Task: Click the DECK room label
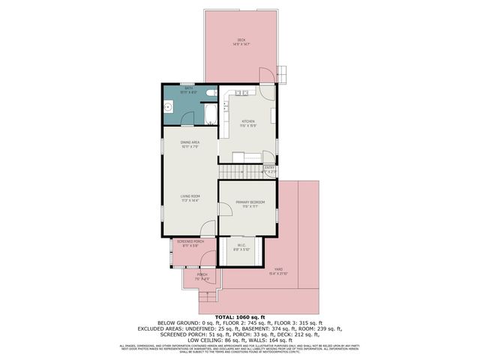241,41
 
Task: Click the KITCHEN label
247,122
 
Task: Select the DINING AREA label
189,145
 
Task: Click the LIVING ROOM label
189,199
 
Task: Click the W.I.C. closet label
241,246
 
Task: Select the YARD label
278,271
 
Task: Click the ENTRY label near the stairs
268,169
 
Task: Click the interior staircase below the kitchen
238,172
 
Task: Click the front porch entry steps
208,303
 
